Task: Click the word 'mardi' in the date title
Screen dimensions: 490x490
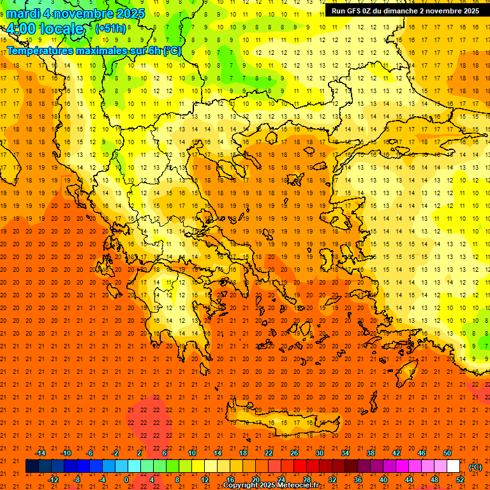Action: [25, 13]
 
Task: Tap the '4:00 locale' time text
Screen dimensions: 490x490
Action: [45, 29]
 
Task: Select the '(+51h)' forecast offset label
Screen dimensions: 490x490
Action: [110, 29]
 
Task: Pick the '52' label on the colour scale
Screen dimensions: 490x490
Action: [460, 480]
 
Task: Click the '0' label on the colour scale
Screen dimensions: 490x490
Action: [127, 480]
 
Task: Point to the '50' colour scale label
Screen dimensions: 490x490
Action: [447, 453]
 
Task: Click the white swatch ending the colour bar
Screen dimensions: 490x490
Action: [454, 466]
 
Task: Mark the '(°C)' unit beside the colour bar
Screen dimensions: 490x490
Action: [475, 467]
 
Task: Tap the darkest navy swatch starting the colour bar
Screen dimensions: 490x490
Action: [32, 466]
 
